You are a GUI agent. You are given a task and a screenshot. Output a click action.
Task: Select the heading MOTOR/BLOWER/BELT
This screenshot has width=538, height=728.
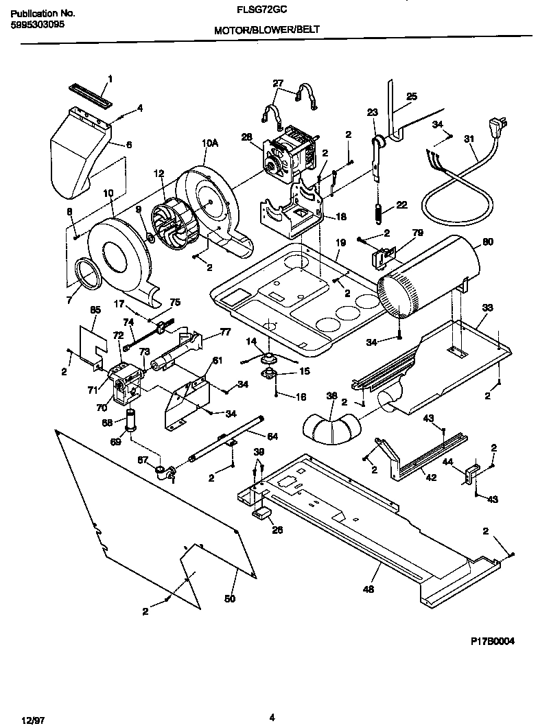click(x=266, y=30)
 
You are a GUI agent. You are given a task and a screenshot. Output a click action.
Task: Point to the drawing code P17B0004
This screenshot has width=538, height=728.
click(x=492, y=641)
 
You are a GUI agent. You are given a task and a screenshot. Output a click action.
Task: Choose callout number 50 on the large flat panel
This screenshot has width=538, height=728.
click(x=230, y=598)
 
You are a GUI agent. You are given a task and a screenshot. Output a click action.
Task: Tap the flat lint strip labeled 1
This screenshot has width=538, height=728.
click(x=89, y=92)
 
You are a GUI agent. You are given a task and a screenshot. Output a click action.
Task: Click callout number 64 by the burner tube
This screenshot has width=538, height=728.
click(x=272, y=436)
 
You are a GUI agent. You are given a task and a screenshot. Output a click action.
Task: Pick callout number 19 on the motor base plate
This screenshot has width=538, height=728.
click(x=341, y=243)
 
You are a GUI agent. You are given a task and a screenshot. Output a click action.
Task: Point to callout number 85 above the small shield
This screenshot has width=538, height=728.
click(x=95, y=310)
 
